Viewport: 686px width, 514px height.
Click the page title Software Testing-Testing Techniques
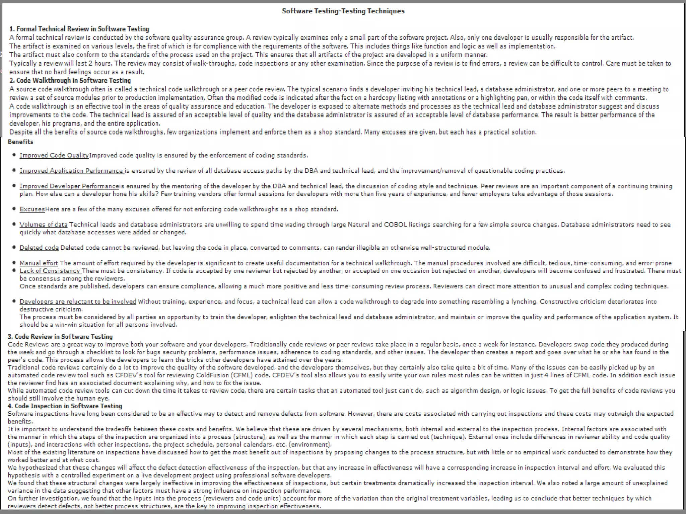343,11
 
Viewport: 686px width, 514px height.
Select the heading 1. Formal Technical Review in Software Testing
79,29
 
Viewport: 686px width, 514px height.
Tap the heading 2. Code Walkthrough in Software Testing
70,80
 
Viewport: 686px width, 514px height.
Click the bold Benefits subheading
20,142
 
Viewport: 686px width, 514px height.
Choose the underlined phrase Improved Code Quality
54,155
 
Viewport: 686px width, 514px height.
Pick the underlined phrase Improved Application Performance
71,171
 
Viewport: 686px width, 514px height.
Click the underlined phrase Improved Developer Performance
69,186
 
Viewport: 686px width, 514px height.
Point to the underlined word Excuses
32,209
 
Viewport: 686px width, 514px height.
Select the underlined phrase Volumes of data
43,225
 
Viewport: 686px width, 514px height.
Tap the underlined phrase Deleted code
39,248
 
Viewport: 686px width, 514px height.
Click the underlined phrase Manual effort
39,263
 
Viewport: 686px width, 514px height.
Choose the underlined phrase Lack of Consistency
50,271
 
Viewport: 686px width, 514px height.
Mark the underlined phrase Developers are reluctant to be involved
78,302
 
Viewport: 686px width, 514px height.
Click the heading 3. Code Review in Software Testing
60,337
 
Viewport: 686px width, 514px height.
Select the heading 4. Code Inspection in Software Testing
65,406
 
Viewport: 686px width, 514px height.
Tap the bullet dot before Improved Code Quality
14,155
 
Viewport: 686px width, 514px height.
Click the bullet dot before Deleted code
14,247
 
